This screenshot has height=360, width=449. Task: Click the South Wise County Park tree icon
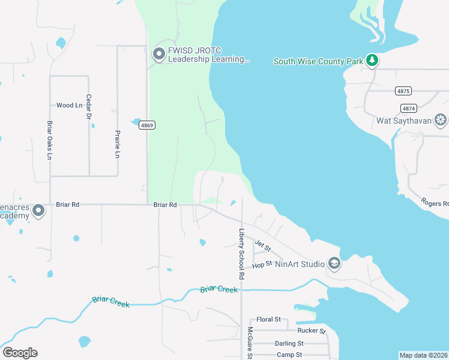point(372,60)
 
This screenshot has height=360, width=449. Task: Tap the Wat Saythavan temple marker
point(441,120)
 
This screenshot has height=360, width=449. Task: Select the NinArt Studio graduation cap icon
point(334,263)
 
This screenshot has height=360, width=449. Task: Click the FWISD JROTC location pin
point(159,55)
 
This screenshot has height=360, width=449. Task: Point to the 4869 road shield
point(147,125)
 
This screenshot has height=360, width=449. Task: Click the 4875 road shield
point(403,91)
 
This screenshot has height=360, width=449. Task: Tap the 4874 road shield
point(408,109)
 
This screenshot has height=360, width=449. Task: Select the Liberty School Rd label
point(242,254)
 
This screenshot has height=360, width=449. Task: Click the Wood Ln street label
point(69,106)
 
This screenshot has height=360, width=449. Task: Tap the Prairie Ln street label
point(118,144)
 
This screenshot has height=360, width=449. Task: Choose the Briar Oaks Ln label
point(50,140)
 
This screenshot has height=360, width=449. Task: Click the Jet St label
point(263,245)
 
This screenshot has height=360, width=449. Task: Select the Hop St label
point(262,265)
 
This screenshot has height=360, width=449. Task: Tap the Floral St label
point(268,319)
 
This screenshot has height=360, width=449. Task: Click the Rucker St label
point(311,331)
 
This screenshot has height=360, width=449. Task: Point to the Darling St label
point(289,343)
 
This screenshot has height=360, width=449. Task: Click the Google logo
point(20,353)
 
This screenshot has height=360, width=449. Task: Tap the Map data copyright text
point(423,355)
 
